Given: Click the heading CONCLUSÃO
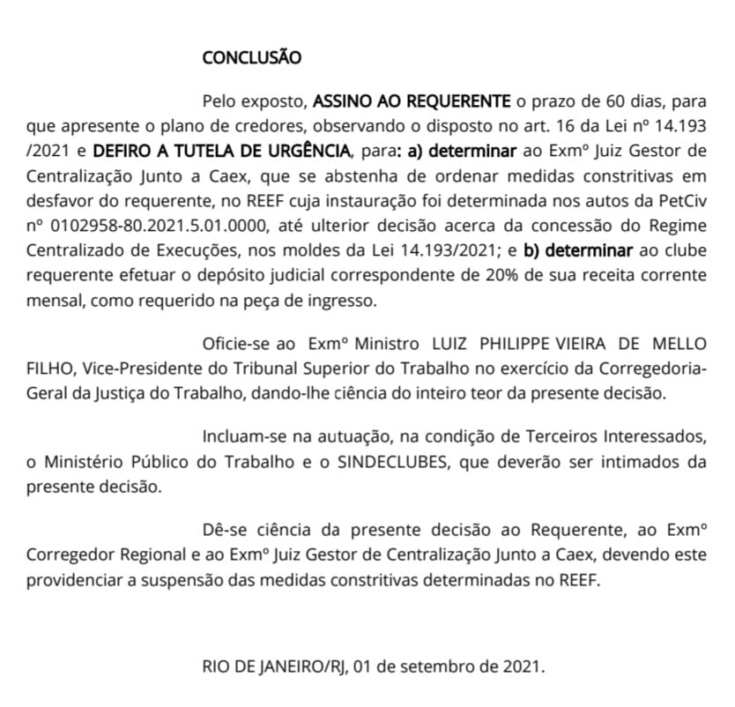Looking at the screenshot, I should click(251, 58).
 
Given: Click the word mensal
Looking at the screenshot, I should click(52, 300).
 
